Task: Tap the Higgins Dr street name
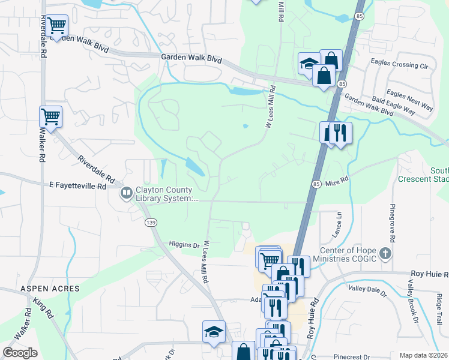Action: (184, 245)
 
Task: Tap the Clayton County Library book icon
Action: (127, 193)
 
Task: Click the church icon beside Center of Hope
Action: (385, 254)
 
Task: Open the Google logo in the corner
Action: (20, 353)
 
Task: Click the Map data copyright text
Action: (424, 355)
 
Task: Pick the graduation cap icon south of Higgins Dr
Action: (214, 332)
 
